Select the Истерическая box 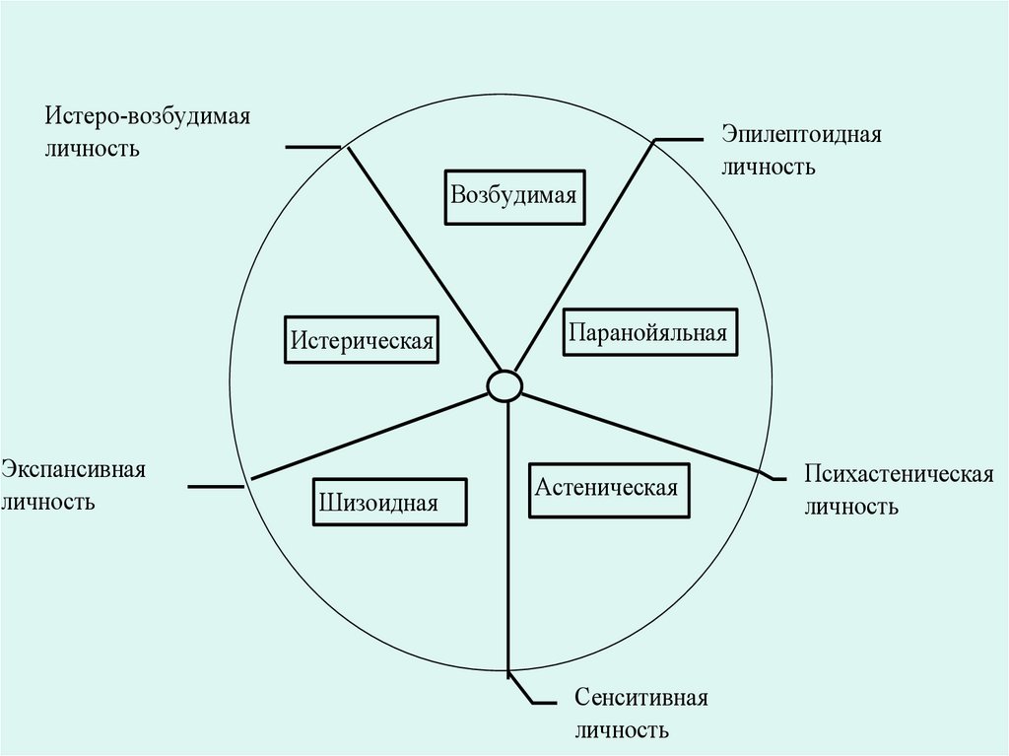tap(362, 340)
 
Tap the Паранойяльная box tap(646, 332)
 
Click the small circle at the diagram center tap(504, 384)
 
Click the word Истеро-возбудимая tap(146, 117)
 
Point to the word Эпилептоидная tap(800, 134)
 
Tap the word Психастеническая tap(898, 474)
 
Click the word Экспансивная tap(73, 468)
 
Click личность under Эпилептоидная tap(768, 167)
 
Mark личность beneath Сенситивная tap(622, 731)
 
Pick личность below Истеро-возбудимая tap(91, 150)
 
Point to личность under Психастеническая tap(850, 507)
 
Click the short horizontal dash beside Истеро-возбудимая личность tap(312, 147)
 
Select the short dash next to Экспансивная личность tap(216, 485)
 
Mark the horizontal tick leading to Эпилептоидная tap(681, 139)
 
